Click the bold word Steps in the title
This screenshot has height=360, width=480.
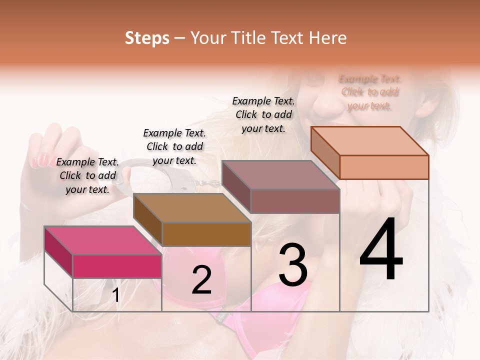(x=147, y=38)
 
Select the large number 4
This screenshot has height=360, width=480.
(x=381, y=249)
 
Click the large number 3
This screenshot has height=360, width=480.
(x=293, y=265)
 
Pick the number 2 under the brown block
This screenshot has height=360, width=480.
(x=201, y=280)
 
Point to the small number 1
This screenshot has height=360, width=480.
(x=116, y=295)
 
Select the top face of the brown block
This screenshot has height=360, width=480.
(x=192, y=207)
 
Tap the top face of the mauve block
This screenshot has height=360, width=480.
(x=280, y=175)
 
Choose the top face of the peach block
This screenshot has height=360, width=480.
(x=370, y=141)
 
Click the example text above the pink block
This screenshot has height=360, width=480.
(x=88, y=176)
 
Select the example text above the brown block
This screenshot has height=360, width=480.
(x=175, y=147)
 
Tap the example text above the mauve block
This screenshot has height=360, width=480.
(x=264, y=114)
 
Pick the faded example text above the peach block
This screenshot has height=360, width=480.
(x=370, y=92)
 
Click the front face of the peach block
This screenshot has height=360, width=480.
(x=384, y=167)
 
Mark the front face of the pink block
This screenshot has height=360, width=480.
(x=117, y=266)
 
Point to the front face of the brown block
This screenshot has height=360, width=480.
(x=206, y=234)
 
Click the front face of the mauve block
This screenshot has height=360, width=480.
(x=295, y=201)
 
